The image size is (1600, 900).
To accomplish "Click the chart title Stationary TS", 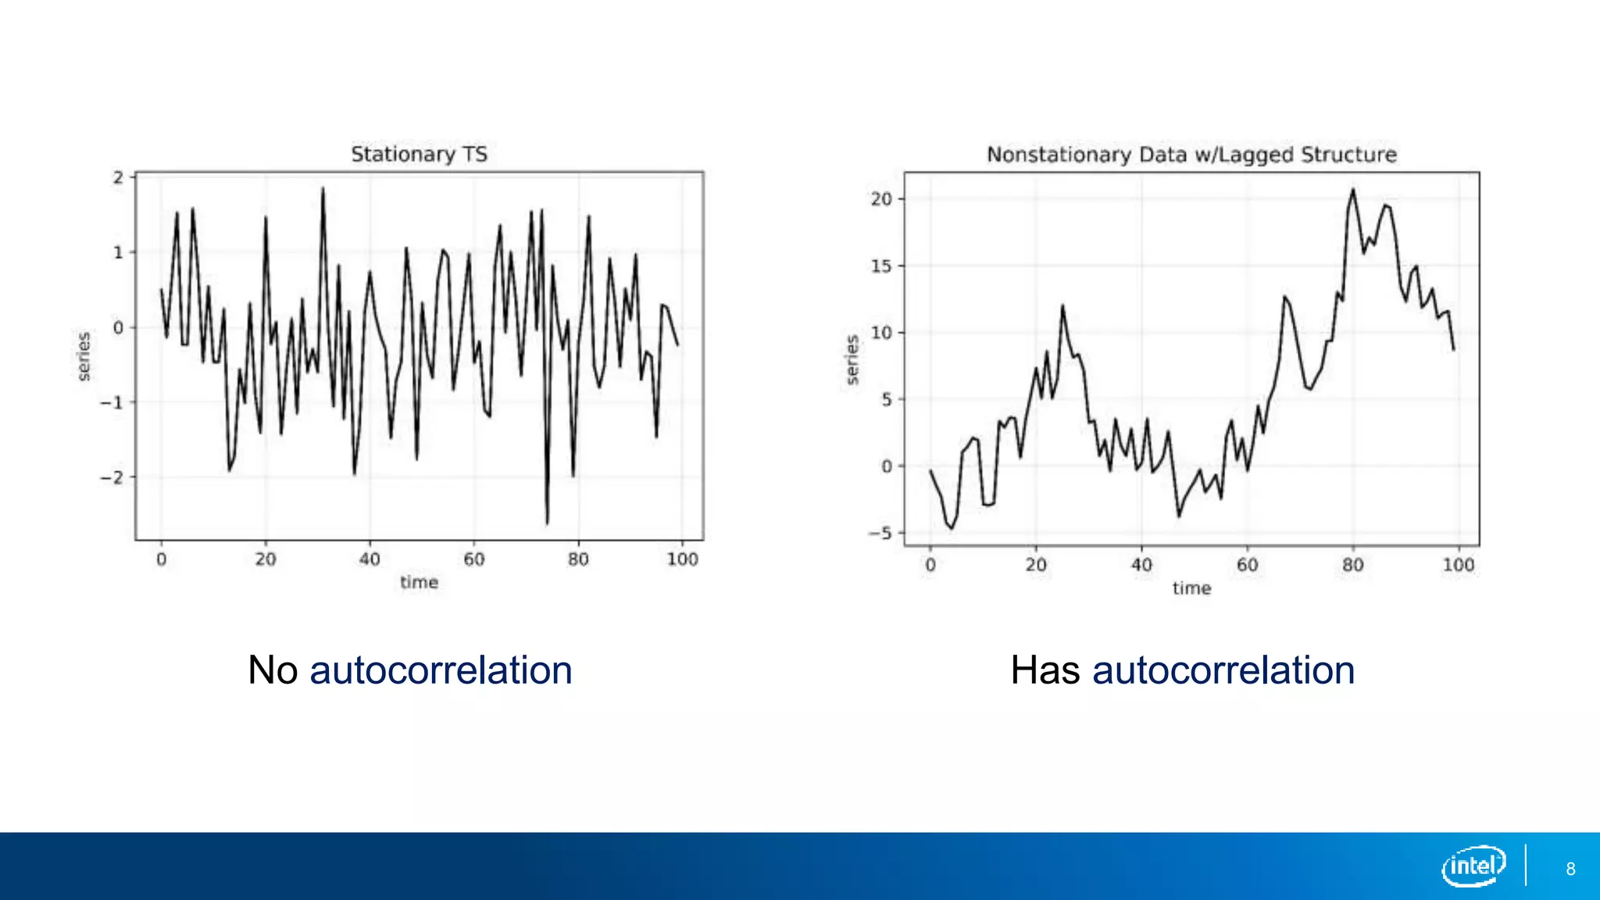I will pos(419,154).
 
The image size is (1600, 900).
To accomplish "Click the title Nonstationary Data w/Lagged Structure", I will pos(1191,155).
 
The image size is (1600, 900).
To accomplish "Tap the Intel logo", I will pos(1473,866).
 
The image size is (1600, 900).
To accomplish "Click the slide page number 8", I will pos(1570,869).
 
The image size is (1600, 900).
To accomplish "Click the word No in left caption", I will pos(273,670).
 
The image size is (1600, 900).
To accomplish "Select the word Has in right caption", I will pos(1045,670).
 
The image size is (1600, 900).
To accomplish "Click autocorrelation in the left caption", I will pos(441,670).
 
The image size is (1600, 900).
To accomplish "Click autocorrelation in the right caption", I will pos(1223,670).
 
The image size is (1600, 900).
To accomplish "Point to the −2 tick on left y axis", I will pos(112,477).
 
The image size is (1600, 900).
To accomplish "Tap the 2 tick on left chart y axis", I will pos(118,177).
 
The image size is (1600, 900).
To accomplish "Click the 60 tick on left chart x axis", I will pos(473,559).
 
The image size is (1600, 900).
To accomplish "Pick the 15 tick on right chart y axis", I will pos(881,266).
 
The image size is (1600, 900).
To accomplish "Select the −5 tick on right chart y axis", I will pos(880,534).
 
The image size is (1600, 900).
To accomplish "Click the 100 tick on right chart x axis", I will pos(1458,565).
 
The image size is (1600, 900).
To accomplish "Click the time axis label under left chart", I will pos(419,582).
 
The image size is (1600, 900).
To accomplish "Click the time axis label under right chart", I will pos(1191,588).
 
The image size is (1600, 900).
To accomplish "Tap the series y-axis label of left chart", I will pos(84,356).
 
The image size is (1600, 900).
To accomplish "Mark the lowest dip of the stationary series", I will pos(547,523).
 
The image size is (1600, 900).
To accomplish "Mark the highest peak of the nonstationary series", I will pos(1353,190).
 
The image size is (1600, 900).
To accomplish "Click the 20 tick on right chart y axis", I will pos(881,199).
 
